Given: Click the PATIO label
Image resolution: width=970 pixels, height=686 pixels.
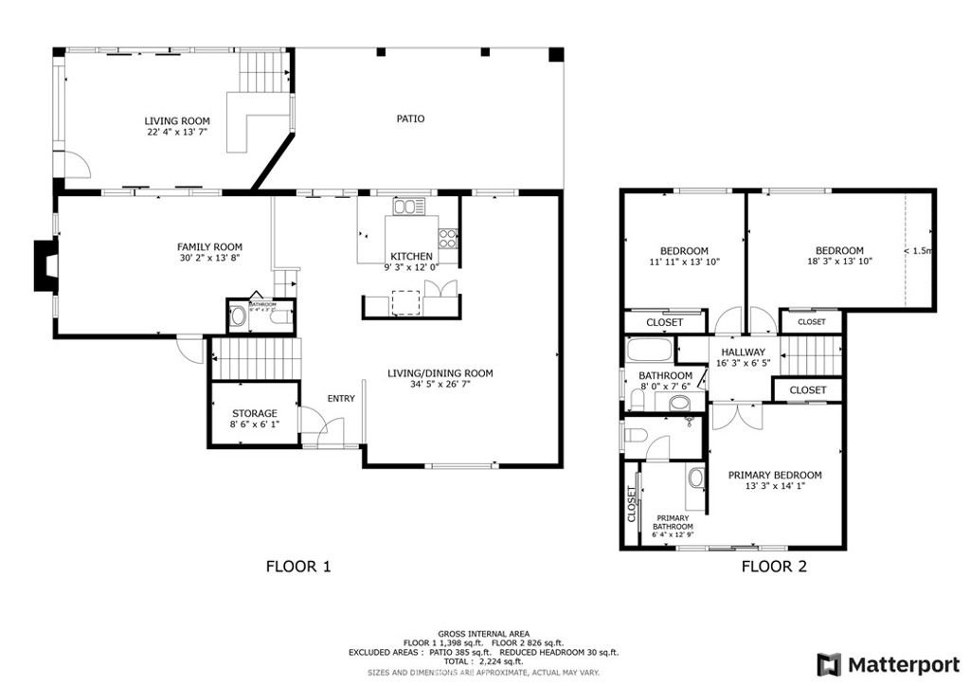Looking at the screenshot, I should click(x=409, y=119).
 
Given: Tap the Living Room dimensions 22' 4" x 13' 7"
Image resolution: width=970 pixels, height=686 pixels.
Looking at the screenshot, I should click(x=176, y=133).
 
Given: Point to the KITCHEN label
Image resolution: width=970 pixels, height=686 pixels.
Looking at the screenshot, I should click(x=412, y=257).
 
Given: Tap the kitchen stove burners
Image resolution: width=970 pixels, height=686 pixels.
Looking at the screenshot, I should click(x=447, y=238).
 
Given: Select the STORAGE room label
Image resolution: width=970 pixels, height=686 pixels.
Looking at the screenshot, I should click(x=255, y=413).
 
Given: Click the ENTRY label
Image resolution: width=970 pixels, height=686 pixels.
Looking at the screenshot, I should click(x=341, y=399).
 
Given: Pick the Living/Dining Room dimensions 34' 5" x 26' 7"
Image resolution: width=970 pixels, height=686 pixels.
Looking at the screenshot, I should click(x=440, y=385).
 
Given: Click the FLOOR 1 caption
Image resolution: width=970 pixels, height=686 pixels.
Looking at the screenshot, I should click(x=297, y=568).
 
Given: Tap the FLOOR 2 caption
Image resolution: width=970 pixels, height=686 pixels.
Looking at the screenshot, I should click(x=773, y=568).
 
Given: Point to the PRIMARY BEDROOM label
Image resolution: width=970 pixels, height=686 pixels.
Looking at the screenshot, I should click(x=774, y=476).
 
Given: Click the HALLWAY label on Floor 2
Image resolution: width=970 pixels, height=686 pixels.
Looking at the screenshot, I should click(x=743, y=352).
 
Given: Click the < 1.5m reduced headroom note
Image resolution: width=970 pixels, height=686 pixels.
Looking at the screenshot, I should click(x=918, y=251).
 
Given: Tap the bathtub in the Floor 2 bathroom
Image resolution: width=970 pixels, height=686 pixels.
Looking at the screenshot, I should click(x=649, y=353).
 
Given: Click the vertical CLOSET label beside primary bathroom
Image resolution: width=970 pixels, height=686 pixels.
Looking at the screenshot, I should click(x=631, y=504).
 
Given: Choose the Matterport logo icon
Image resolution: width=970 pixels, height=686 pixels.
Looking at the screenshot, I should click(x=829, y=663).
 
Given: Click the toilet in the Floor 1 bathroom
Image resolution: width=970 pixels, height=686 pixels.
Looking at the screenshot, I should click(x=237, y=317).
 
